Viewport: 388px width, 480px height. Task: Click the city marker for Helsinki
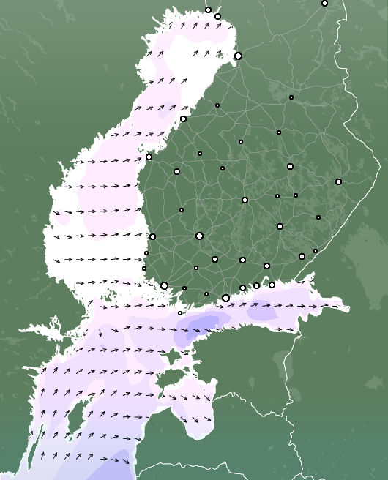point(225,298)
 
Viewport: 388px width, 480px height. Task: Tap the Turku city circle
point(165,285)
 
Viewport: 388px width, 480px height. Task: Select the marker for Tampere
point(199,236)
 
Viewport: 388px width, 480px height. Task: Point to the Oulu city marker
point(238,56)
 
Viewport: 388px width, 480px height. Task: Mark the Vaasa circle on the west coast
point(149,157)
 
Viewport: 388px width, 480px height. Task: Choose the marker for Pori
point(152,236)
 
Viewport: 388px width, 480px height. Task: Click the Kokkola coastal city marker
point(183,119)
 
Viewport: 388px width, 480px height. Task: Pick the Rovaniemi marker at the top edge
point(324,3)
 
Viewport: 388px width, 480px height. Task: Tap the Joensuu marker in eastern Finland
point(338,181)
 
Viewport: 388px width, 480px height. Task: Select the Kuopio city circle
point(290,166)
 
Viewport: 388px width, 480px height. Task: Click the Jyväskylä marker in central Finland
point(245,200)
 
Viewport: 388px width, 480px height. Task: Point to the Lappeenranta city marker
point(302,256)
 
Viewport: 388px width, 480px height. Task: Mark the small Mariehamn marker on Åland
point(180,313)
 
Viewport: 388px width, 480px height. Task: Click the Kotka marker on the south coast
point(272,285)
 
